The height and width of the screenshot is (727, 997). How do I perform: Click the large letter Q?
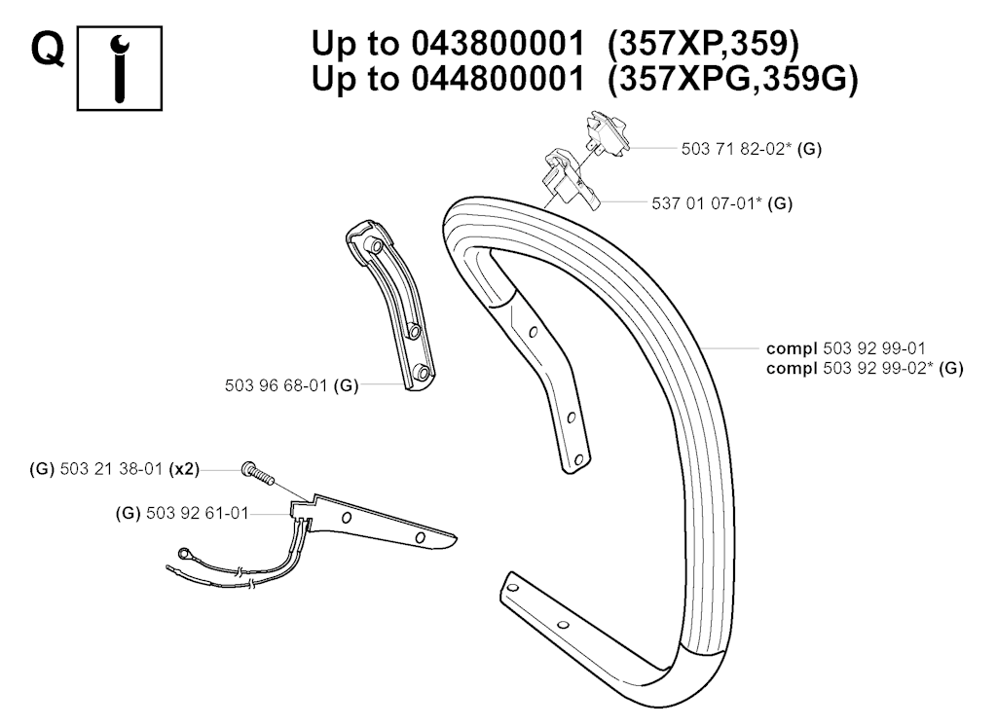[x=49, y=51]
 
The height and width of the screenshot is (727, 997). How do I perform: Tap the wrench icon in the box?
[x=120, y=69]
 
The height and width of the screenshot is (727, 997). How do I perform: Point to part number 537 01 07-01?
[x=707, y=203]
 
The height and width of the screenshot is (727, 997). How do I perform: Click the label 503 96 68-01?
[x=276, y=385]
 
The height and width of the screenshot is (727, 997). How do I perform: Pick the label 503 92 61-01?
[x=197, y=514]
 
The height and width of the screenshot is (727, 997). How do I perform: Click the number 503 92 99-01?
[x=874, y=348]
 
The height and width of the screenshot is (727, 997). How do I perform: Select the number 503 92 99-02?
[x=878, y=368]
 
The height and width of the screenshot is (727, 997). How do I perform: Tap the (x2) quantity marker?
[x=184, y=470]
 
